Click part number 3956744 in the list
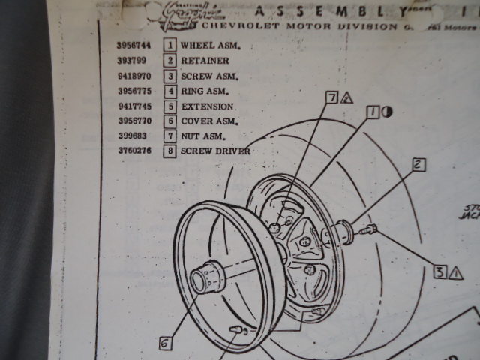[x=133, y=45]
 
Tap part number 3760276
[x=133, y=151]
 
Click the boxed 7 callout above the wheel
[x=331, y=97]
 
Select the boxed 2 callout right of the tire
[x=418, y=164]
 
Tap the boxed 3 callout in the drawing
[x=440, y=272]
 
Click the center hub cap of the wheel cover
[x=203, y=277]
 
